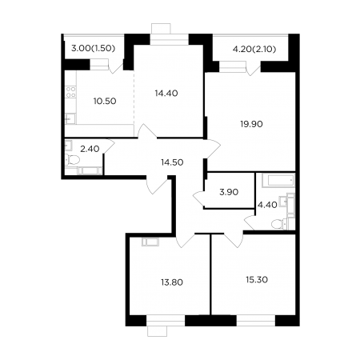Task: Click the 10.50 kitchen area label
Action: click(x=105, y=102)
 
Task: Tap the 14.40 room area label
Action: click(x=166, y=94)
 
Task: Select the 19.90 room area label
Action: click(x=251, y=124)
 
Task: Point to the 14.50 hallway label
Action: click(x=172, y=162)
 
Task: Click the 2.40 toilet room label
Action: click(x=90, y=149)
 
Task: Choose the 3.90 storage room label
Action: click(x=229, y=192)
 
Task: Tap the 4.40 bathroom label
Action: click(x=267, y=205)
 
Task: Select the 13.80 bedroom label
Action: click(x=172, y=282)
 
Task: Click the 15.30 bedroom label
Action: click(x=257, y=280)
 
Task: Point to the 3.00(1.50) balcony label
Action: click(x=94, y=49)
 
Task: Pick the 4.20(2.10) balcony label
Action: click(x=254, y=50)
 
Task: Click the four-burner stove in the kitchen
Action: click(x=70, y=92)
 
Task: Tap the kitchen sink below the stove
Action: click(x=70, y=118)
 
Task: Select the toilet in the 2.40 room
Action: click(x=72, y=160)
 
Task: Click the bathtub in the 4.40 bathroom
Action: click(x=278, y=181)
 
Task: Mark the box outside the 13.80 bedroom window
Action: click(x=157, y=331)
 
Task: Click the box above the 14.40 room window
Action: click(x=161, y=29)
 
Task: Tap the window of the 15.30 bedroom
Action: click(x=256, y=321)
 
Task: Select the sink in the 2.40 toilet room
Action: click(x=69, y=146)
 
